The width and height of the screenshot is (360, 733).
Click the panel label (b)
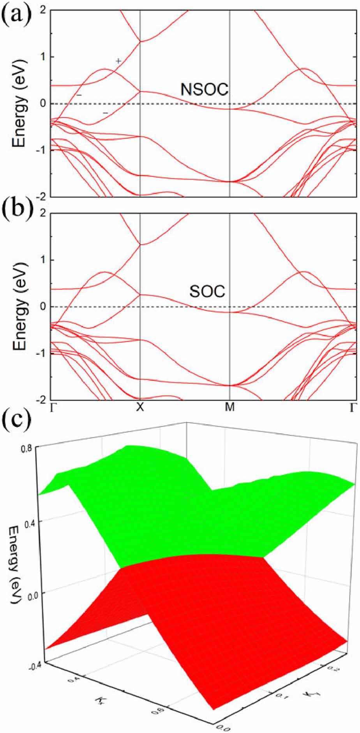16,217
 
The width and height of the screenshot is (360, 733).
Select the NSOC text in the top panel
204,90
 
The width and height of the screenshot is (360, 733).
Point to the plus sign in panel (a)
118,61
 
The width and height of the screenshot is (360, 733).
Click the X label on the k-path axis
140,407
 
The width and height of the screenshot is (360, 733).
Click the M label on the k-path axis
230,407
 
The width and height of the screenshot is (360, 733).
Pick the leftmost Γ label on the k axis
52,407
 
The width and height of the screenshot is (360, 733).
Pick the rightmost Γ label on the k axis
353,407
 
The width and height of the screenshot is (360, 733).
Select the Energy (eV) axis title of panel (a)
19,103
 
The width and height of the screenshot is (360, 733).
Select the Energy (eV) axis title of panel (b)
19,307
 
